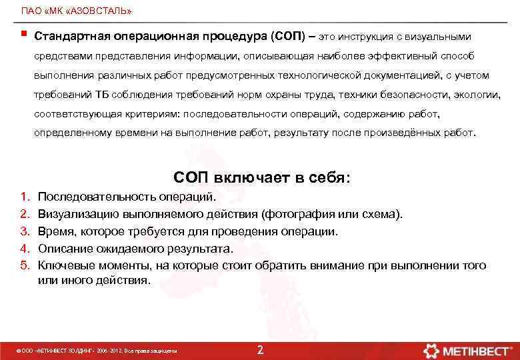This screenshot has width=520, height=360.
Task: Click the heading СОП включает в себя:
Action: tap(262, 177)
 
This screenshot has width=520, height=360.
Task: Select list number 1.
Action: tap(24, 197)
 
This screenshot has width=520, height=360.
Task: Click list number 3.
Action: tap(24, 231)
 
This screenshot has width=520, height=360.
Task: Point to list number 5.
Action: tap(24, 265)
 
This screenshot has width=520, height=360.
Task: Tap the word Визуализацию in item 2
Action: tap(79, 214)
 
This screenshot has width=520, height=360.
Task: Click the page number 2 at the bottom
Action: tap(261, 349)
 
